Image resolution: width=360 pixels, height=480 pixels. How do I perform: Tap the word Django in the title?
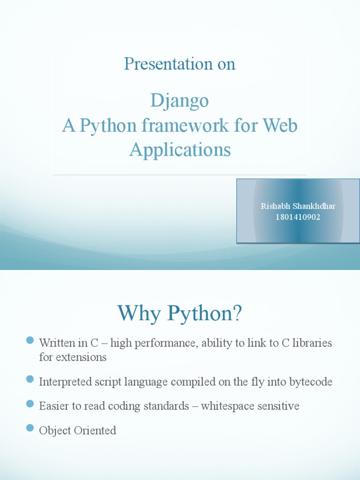180,101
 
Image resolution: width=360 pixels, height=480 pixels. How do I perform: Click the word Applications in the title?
180,150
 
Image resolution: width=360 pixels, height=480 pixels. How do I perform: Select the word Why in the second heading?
138,313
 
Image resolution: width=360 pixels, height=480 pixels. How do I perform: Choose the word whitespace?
226,406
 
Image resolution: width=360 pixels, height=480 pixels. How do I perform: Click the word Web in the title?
280,126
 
